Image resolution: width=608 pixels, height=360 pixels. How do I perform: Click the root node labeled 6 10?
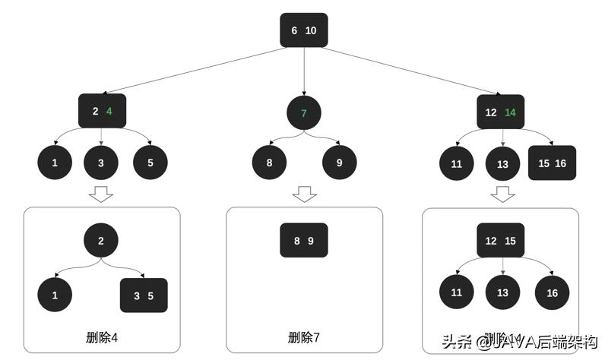click(x=303, y=30)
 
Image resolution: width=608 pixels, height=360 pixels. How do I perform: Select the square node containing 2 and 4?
click(x=102, y=111)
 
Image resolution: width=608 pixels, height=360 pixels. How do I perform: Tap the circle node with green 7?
click(x=304, y=113)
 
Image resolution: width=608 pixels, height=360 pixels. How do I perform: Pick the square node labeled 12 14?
click(x=500, y=112)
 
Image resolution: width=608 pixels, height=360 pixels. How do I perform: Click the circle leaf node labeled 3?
click(x=101, y=163)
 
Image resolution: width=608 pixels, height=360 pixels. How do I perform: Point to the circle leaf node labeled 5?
click(x=150, y=163)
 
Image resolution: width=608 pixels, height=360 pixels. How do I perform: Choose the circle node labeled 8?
click(x=270, y=163)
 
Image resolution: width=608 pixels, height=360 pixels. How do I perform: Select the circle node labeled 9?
click(x=339, y=163)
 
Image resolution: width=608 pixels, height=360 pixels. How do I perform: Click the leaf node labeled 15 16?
click(x=553, y=163)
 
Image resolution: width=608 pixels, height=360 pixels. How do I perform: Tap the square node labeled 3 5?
click(x=144, y=295)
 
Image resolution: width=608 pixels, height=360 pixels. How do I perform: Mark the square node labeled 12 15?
click(x=500, y=241)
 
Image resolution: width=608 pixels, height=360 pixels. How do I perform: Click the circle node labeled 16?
click(x=552, y=293)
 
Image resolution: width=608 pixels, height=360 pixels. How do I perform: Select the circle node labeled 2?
click(x=102, y=241)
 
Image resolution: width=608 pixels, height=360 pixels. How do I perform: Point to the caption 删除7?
click(x=304, y=337)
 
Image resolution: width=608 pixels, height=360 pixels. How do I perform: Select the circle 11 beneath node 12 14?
click(x=456, y=163)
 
